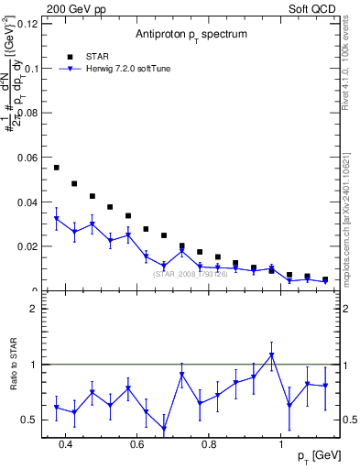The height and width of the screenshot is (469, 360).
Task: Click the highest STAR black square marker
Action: tap(57, 168)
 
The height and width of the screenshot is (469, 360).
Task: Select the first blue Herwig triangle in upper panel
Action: tap(57, 219)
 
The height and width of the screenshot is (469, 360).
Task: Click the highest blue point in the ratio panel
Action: tap(271, 355)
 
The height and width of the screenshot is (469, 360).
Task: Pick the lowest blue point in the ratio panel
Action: tap(164, 429)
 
